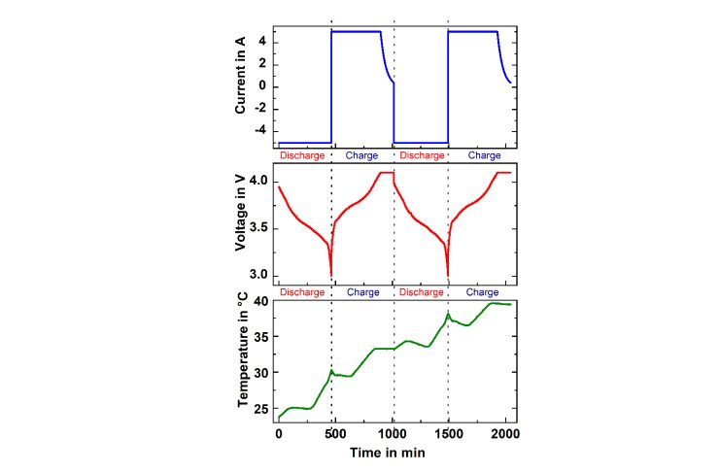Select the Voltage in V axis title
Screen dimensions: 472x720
[240, 228]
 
